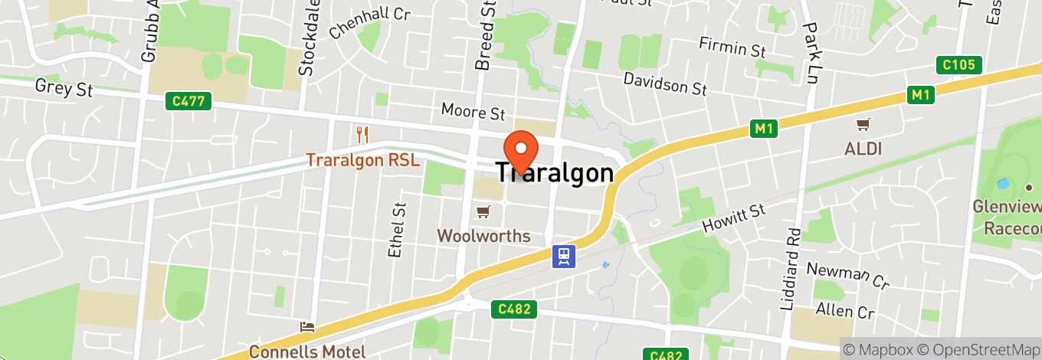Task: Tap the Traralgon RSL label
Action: (362, 160)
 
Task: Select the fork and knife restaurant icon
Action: (363, 136)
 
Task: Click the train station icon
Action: (565, 257)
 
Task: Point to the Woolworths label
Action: (483, 236)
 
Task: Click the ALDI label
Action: (863, 149)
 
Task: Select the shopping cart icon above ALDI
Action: (863, 124)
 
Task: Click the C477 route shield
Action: (188, 101)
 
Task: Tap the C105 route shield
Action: (958, 65)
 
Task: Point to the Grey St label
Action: (64, 87)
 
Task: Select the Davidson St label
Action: (664, 83)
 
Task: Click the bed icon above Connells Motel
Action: (307, 327)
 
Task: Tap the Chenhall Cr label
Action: (369, 23)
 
